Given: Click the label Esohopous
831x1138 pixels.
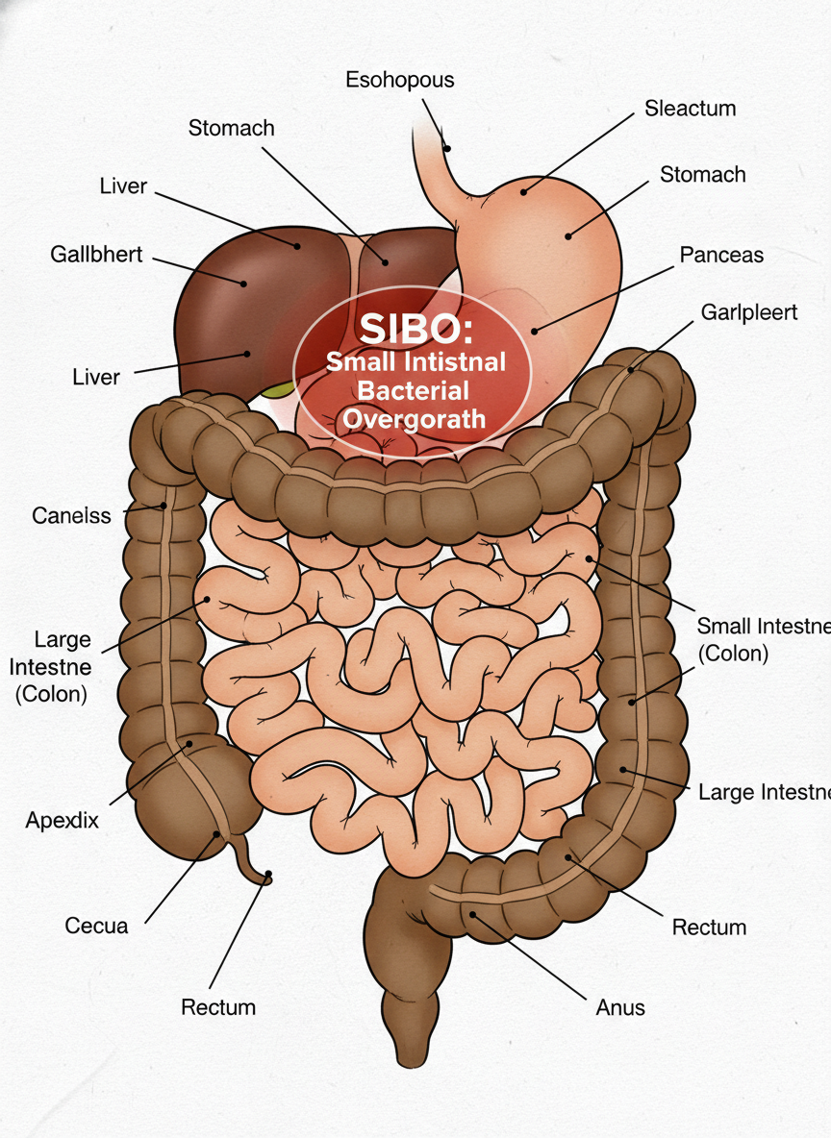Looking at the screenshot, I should (x=399, y=80).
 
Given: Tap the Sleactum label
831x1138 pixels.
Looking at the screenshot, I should (x=690, y=108).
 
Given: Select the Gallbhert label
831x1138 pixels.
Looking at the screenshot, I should (x=96, y=255).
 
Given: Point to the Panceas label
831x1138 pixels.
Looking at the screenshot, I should (x=721, y=255).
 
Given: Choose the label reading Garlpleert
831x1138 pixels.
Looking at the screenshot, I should (x=749, y=312).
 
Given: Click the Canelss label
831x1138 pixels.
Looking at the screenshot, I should (x=71, y=515).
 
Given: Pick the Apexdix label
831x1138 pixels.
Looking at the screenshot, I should (x=62, y=821).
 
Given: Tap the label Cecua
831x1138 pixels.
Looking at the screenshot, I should (x=96, y=926).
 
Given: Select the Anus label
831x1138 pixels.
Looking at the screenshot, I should (x=619, y=1007).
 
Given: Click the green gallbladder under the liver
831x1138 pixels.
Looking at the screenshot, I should (x=278, y=389).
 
